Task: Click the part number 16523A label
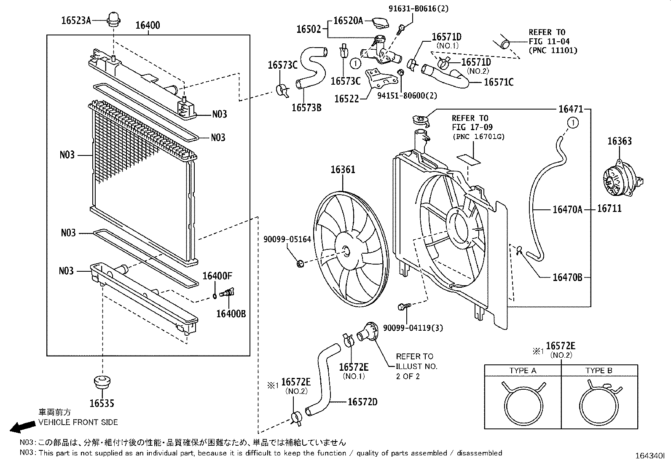(76, 20)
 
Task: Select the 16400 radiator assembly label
(148, 25)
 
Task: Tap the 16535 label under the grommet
(102, 403)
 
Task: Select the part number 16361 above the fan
(343, 169)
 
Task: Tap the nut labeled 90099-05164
(300, 264)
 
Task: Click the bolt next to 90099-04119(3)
(402, 306)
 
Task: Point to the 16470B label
(567, 277)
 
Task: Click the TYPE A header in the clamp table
(523, 371)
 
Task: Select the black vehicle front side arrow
(22, 427)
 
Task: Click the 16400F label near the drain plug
(217, 276)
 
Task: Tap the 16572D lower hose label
(362, 402)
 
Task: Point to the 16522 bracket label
(346, 99)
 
